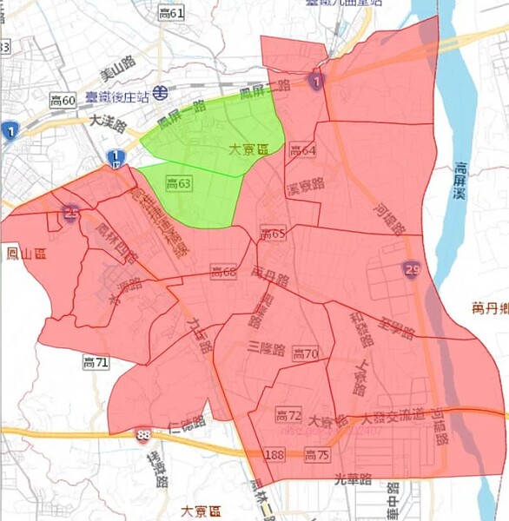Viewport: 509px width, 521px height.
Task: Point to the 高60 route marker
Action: tap(63, 102)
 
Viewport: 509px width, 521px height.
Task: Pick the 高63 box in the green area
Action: tap(178, 183)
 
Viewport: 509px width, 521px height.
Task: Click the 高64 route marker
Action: tap(302, 151)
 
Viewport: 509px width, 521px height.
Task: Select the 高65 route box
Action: tap(273, 234)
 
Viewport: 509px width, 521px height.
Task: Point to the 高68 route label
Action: tap(223, 273)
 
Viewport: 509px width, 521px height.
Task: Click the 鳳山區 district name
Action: tap(25, 254)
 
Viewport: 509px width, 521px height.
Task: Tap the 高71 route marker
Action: tap(96, 360)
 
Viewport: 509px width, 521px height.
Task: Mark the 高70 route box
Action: tap(306, 353)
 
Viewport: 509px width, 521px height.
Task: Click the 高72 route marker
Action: tap(288, 415)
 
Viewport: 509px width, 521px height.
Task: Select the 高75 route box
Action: tap(318, 454)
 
